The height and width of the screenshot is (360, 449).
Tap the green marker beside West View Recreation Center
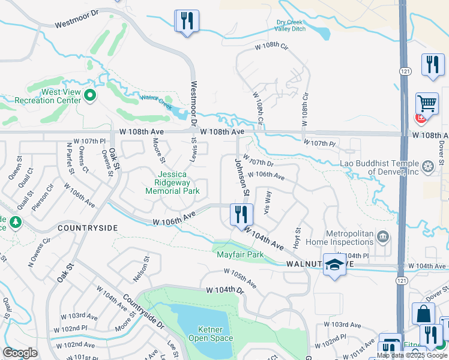[x=90, y=95]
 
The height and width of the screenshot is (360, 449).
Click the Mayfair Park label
[x=240, y=254]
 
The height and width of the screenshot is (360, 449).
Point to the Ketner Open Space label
[x=210, y=334]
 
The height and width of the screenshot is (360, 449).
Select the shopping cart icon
[x=427, y=103]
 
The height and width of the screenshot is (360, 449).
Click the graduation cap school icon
[x=334, y=265]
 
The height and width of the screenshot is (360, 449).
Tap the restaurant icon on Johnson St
[x=240, y=214]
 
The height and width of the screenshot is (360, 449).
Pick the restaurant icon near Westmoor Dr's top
[x=187, y=21]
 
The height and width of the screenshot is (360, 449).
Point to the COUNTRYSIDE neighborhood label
[x=88, y=228]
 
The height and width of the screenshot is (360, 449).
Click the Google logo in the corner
[x=20, y=353]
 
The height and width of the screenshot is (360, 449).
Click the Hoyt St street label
[x=297, y=238]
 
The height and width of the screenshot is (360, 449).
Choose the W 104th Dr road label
[x=226, y=290]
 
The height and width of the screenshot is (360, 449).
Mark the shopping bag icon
[x=423, y=314]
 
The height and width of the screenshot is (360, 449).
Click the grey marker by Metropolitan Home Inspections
[x=384, y=235]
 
